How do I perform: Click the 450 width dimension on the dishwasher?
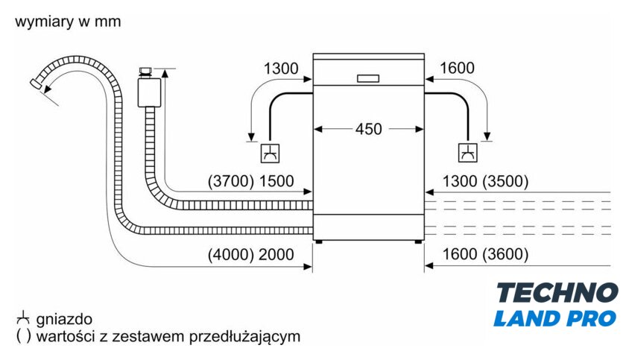point(368,129)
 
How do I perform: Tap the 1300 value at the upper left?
point(281,69)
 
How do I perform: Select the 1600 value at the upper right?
point(457,69)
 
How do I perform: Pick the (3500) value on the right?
point(505,181)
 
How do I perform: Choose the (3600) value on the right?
point(505,254)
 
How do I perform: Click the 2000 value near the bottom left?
point(276,254)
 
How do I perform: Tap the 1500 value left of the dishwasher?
point(276,181)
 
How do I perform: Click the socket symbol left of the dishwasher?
point(269,154)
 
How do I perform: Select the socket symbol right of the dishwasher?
point(467,154)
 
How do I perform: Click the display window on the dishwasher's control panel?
point(368,78)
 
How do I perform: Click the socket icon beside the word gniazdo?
point(22,317)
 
